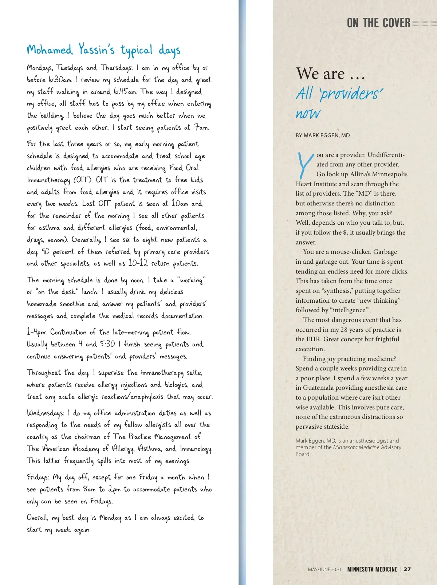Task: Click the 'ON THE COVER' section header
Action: [378, 23]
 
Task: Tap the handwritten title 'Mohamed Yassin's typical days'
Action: [103, 50]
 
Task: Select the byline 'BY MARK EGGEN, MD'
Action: [323, 136]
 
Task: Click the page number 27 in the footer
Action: [408, 569]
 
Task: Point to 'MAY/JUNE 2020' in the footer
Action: [324, 569]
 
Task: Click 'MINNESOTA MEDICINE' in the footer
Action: [372, 569]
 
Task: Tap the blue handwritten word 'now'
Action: [308, 114]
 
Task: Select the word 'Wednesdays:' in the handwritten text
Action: [46, 413]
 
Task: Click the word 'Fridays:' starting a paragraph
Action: [38, 477]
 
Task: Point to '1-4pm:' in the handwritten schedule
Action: [37, 332]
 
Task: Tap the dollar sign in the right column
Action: [345, 232]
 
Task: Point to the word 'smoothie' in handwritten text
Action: [72, 304]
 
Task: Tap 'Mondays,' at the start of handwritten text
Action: [40, 68]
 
